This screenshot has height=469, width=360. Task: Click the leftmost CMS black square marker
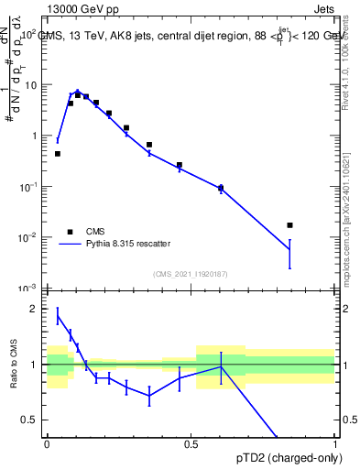coord(58,154)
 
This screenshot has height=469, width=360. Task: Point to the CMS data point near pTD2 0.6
coord(221,189)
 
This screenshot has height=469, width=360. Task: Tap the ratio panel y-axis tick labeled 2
coord(36,309)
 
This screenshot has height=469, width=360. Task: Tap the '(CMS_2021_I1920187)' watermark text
coord(191,274)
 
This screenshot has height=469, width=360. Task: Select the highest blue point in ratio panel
coord(58,316)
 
